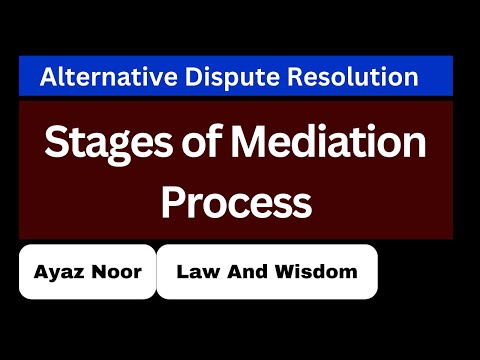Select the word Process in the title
236,202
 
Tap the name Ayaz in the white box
58,271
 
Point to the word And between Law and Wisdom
250,271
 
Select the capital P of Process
173,202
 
